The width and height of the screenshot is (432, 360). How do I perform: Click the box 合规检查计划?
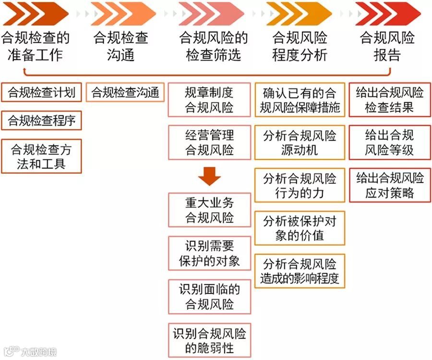[41, 92]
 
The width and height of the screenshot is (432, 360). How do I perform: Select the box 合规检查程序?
[41, 120]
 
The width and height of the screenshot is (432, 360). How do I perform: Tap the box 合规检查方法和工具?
[41, 156]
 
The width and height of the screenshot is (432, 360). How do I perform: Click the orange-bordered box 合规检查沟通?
[125, 92]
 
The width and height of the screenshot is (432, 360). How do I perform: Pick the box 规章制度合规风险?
[209, 100]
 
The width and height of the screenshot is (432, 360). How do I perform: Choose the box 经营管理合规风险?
[209, 142]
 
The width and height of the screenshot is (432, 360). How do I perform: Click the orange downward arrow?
[209, 176]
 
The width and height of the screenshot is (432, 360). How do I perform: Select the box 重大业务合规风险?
[209, 210]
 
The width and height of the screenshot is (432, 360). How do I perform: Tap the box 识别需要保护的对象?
[209, 253]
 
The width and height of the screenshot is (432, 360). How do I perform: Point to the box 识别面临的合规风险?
[209, 297]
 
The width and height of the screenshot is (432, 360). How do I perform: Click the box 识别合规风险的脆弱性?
[209, 340]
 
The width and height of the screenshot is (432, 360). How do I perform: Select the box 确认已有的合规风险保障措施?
[300, 100]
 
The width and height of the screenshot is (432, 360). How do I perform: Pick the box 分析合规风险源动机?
[300, 142]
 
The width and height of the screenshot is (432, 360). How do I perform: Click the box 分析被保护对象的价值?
[300, 228]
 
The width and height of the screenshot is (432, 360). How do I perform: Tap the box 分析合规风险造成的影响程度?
[300, 271]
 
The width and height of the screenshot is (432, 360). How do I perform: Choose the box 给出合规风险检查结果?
[390, 100]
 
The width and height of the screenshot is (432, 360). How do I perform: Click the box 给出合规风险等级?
[390, 142]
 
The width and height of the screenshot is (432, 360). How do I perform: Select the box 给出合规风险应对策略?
[390, 185]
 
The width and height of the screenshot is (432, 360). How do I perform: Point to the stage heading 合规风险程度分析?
[300, 46]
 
